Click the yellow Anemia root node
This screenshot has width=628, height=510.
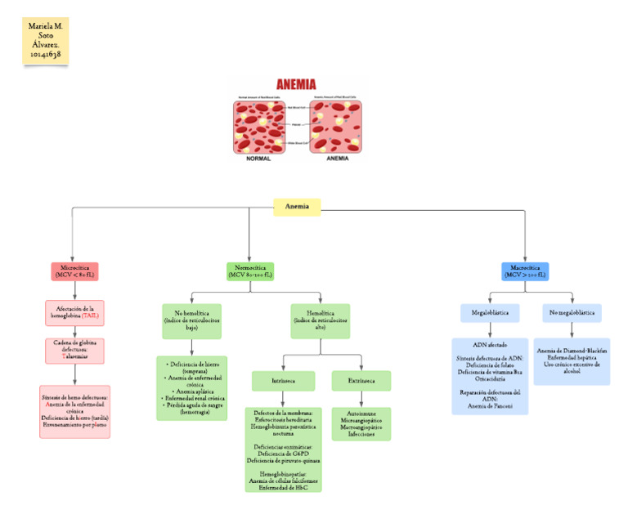297,208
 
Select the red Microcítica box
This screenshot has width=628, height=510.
74,271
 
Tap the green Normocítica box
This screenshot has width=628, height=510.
250,271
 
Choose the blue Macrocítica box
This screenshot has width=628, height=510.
524,271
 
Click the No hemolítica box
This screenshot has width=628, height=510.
191,320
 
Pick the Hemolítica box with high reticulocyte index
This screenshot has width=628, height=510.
320,320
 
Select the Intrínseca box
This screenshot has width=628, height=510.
272,380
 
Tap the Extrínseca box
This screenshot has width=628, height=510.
356,380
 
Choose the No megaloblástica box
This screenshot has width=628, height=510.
572,313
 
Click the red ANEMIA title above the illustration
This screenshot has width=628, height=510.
296,83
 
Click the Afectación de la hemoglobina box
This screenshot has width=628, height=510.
74,313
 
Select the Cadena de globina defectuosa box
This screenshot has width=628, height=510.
74,350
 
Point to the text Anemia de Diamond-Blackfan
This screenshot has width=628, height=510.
572,351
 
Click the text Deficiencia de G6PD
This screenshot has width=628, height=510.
283,454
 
